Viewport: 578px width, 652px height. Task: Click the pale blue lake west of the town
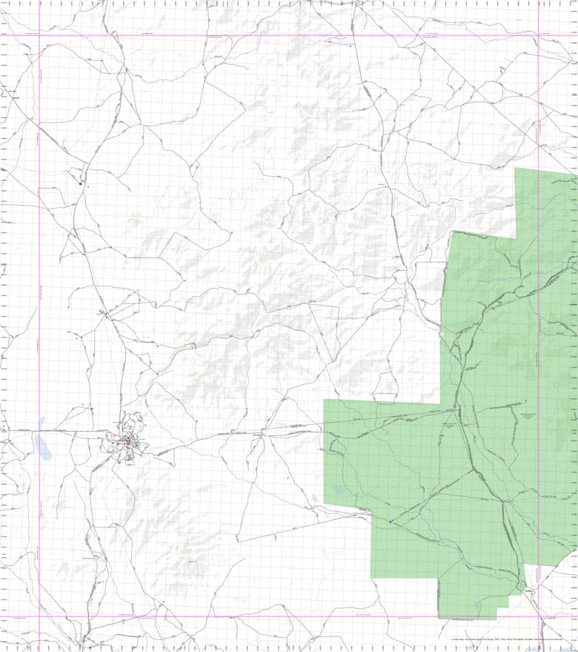(x=40, y=445)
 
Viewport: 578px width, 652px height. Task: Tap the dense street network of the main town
(x=129, y=443)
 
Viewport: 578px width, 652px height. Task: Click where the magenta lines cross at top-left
(x=39, y=35)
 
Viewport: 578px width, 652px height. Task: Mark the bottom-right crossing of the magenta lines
(x=539, y=616)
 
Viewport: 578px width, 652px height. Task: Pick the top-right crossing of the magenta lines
(x=539, y=35)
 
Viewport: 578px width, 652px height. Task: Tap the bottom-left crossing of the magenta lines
(x=39, y=616)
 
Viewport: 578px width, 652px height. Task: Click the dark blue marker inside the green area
(x=390, y=522)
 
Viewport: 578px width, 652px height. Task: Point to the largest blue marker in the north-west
(x=80, y=183)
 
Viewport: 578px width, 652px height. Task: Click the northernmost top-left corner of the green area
(x=516, y=170)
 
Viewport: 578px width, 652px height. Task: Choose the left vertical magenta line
(x=39, y=297)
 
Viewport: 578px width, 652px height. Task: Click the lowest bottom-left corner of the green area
(x=439, y=618)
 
